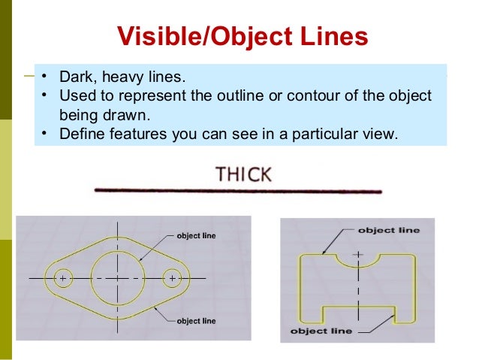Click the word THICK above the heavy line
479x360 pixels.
tap(243, 175)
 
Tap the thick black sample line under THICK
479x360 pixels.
tap(239, 190)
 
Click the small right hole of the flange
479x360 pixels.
tap(173, 278)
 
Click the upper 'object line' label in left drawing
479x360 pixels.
tap(196, 236)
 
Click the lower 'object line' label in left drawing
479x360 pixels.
tap(196, 321)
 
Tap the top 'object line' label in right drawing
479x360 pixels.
tap(388, 230)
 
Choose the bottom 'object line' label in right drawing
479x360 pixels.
tap(321, 331)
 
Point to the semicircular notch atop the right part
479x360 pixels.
tap(357, 261)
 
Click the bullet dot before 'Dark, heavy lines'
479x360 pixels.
tap(44, 77)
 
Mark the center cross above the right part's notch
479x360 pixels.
tap(357, 255)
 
